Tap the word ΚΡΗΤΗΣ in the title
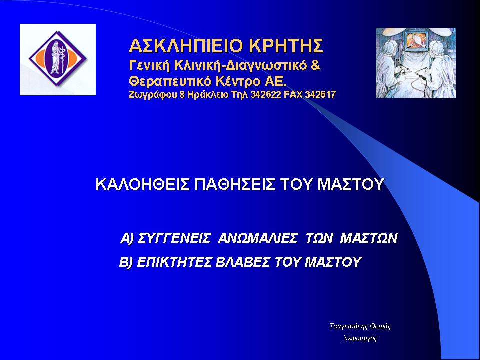[x=286, y=46]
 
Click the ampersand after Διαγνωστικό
[x=315, y=65]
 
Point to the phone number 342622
[x=265, y=95]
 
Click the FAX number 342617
[x=321, y=95]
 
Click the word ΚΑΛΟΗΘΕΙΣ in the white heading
[x=142, y=184]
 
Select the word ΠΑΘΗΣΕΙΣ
[x=235, y=184]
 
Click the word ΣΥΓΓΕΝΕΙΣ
[x=174, y=238]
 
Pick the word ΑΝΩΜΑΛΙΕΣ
[x=258, y=238]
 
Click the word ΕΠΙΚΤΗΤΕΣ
[x=174, y=262]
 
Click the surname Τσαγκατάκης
[x=348, y=326]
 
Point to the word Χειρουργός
[x=360, y=338]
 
